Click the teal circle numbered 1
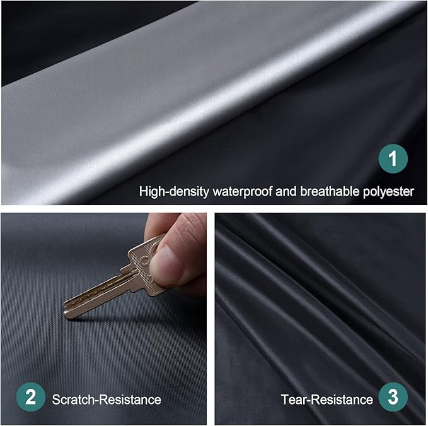click(393, 159)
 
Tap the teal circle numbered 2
click(30, 398)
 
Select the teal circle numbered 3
click(393, 398)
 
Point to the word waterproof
click(242, 191)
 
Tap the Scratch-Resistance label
click(106, 399)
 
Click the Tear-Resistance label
click(327, 399)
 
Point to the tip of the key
click(66, 311)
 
